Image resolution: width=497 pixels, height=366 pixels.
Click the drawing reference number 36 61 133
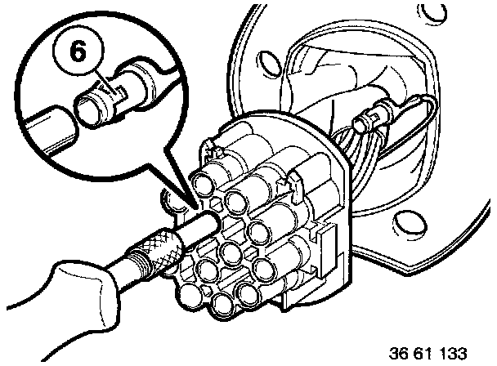click(428, 353)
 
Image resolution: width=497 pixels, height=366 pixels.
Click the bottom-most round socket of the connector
click(223, 304)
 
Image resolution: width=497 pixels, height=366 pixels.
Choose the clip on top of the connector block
click(296, 187)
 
